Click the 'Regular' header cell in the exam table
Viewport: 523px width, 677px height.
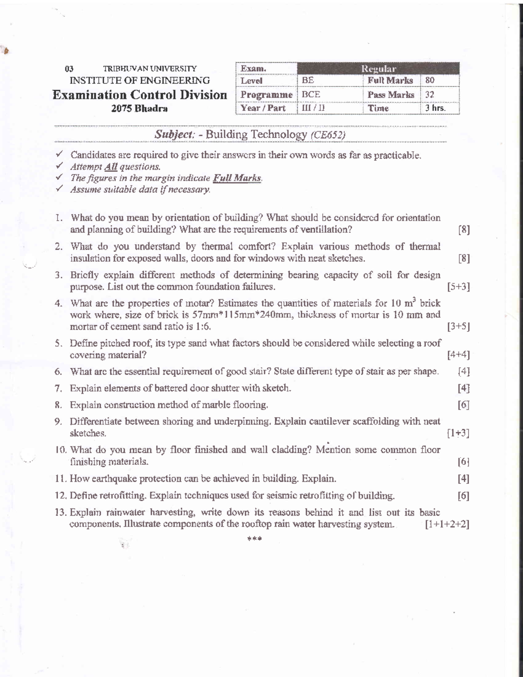click(x=378, y=68)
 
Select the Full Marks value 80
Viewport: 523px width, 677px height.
click(x=430, y=80)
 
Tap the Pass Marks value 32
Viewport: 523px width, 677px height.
click(x=430, y=94)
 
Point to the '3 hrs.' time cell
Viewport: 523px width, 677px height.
click(x=435, y=108)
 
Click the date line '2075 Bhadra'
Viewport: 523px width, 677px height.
click(x=139, y=109)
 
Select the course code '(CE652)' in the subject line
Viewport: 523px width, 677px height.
click(x=328, y=135)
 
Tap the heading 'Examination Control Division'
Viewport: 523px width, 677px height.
click(x=139, y=95)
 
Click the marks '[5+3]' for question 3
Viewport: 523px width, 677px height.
click(x=458, y=287)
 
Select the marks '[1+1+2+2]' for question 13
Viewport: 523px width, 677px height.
click(x=447, y=524)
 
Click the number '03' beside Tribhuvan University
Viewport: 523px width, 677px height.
click(x=69, y=69)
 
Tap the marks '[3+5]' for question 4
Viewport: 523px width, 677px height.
click(x=458, y=327)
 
